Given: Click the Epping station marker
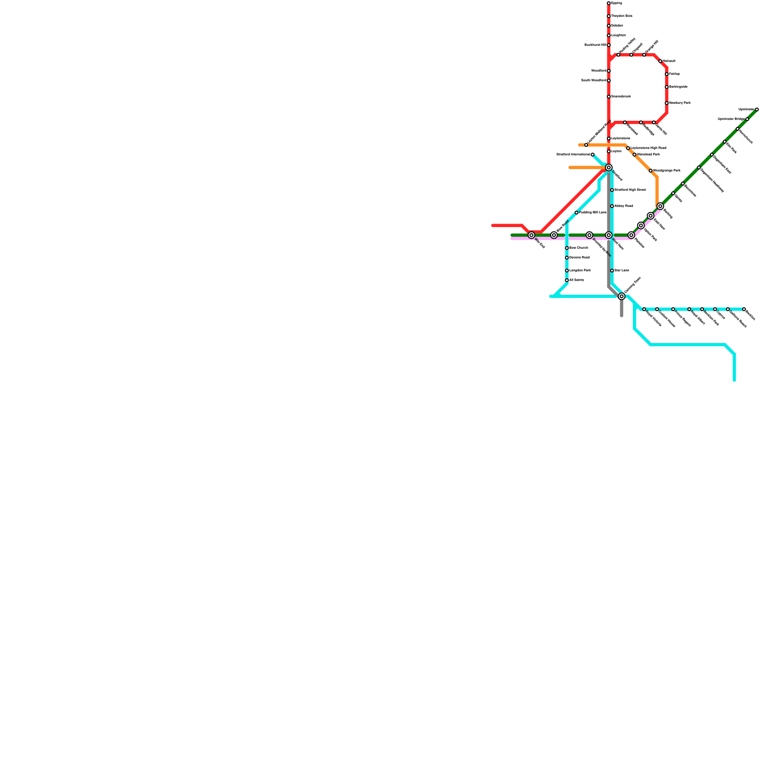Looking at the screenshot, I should [609, 3].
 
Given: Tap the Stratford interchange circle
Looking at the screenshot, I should [609, 168].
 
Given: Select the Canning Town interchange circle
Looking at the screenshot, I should [622, 296].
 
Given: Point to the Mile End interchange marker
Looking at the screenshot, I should [531, 235].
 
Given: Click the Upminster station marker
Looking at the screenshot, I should [757, 110].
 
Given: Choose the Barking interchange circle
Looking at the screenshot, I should [660, 206].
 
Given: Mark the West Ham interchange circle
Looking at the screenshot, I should [609, 235].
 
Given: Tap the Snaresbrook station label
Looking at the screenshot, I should [621, 97].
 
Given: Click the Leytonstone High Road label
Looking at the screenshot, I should [648, 148].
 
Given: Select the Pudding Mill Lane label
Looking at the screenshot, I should [593, 213].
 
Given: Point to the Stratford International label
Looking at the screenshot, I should [573, 155].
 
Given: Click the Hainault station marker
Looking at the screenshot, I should [660, 61].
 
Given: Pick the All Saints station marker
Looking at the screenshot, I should [567, 280].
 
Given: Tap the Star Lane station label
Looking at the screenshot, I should [621, 271].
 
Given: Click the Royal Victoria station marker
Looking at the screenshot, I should [644, 309].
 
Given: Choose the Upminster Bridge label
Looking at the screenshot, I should [731, 119].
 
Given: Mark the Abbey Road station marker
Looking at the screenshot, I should [612, 206].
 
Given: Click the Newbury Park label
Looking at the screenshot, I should [680, 103].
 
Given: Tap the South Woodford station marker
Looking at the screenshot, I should [609, 81].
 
